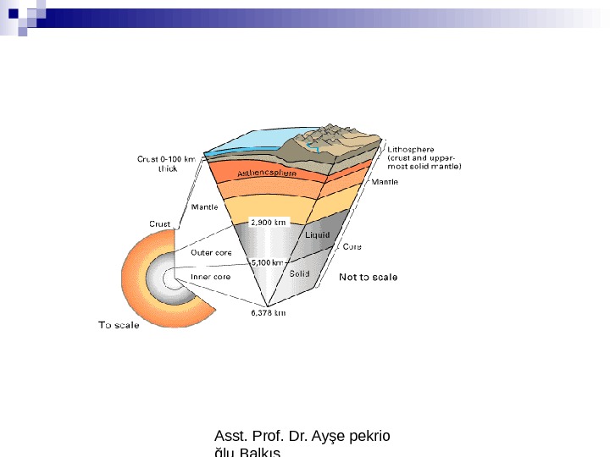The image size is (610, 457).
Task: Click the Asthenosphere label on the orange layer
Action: (266, 173)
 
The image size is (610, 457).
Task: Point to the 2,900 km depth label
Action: (270, 222)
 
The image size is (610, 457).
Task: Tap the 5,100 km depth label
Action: (268, 263)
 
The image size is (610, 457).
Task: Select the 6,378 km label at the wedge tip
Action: (268, 313)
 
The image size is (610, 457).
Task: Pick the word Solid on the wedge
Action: (299, 274)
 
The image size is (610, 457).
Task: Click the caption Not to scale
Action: (368, 277)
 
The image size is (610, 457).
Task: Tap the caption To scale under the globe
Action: (119, 325)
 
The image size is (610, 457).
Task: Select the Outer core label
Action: (211, 252)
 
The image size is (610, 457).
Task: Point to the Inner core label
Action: (210, 277)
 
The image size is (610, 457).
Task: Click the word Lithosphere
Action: (411, 150)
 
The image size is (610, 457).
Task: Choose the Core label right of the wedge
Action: (352, 247)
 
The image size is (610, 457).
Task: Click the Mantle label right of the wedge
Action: (386, 181)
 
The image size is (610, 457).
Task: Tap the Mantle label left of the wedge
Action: (204, 206)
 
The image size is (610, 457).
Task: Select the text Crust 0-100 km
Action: (166, 158)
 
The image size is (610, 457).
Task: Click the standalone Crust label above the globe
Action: (160, 224)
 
